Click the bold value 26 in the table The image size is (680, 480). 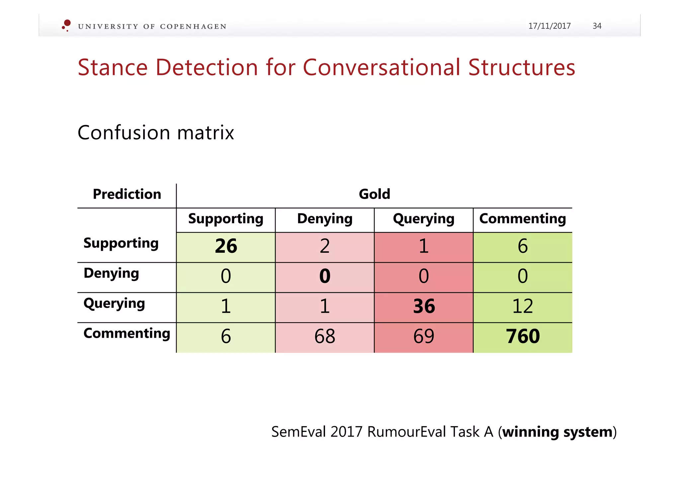[x=226, y=246]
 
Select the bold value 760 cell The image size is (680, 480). [x=523, y=337]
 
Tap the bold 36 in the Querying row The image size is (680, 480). [x=424, y=307]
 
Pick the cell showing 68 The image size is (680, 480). [x=325, y=337]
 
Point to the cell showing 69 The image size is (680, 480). [x=424, y=337]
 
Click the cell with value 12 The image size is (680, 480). [x=523, y=307]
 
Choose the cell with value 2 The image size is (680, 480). [x=325, y=246]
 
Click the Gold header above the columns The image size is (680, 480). [x=374, y=194]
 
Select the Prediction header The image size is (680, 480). [x=127, y=194]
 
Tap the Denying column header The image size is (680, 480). [x=325, y=219]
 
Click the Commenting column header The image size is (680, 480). [x=523, y=219]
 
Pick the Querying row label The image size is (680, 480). [x=114, y=304]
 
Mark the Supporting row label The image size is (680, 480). [x=121, y=243]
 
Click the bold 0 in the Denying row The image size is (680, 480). [x=325, y=276]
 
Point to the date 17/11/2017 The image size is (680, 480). [x=549, y=26]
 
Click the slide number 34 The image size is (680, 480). [x=597, y=26]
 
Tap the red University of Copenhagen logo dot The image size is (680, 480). [x=67, y=23]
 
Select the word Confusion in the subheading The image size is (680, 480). [x=124, y=133]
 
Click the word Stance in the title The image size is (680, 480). [x=113, y=68]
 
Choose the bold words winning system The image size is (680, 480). [x=557, y=432]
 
